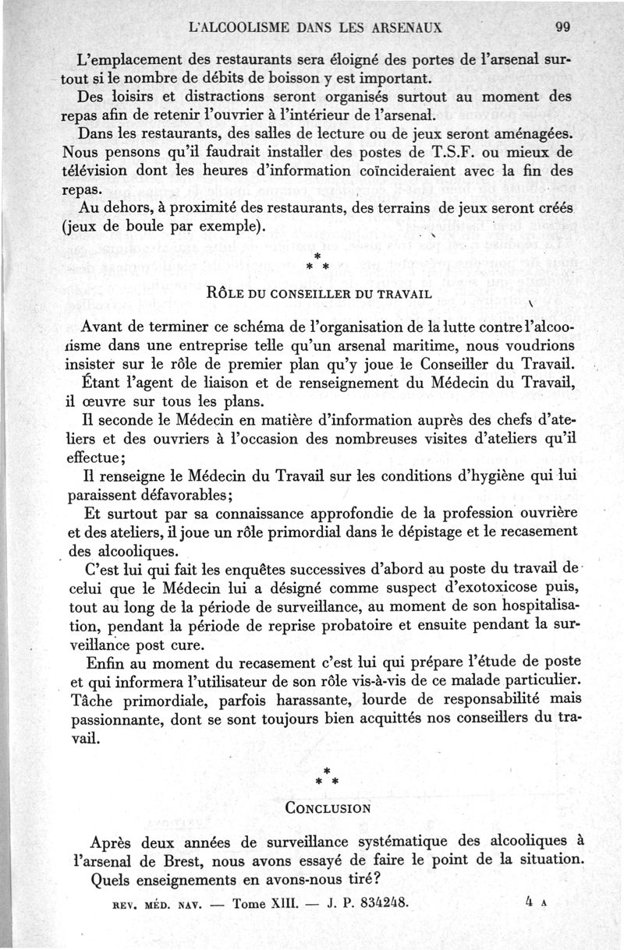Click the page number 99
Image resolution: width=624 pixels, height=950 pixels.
point(563,26)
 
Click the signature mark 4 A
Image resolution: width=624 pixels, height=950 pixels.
point(538,904)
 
